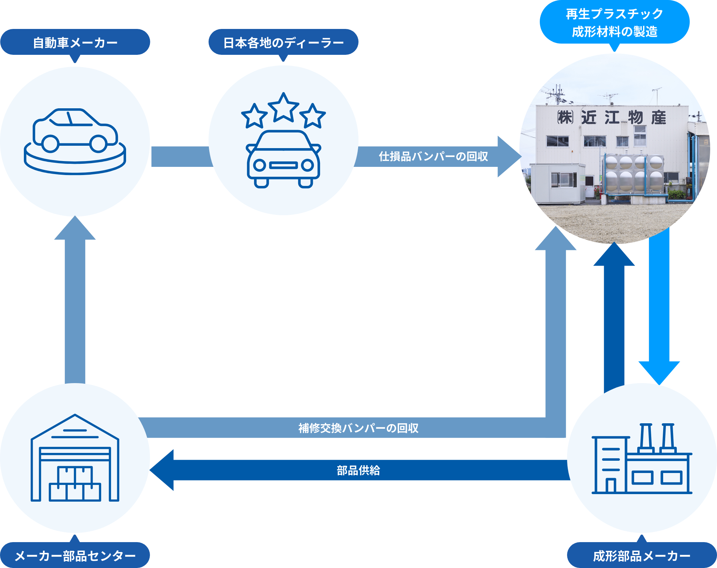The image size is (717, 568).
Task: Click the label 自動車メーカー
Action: click(75, 43)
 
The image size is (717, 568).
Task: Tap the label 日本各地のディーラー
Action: click(283, 43)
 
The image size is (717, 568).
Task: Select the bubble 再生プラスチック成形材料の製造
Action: click(614, 22)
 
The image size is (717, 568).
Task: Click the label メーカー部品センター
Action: click(75, 556)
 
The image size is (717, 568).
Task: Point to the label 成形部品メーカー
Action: click(641, 556)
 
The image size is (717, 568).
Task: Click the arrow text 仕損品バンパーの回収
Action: click(433, 156)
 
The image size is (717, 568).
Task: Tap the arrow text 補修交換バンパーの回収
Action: click(358, 428)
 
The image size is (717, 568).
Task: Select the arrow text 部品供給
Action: click(358, 470)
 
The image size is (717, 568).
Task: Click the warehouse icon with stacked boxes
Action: click(75, 458)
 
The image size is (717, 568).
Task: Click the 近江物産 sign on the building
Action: click(612, 118)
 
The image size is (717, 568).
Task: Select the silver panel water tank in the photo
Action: click(633, 174)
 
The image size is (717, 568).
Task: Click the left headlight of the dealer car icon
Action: click(260, 165)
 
